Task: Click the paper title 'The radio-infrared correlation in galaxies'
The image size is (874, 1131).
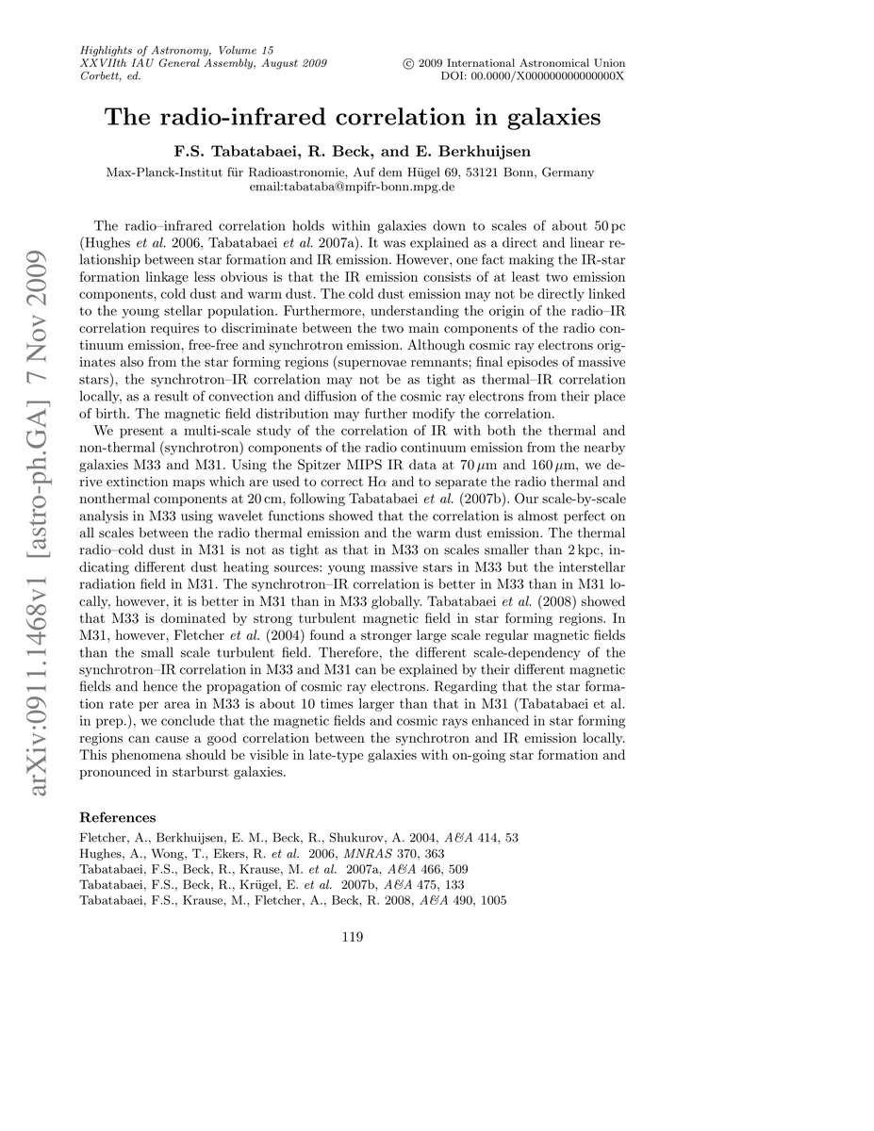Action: click(x=352, y=118)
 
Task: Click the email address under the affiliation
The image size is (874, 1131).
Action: click(x=352, y=187)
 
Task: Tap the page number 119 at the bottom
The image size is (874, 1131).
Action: click(x=352, y=936)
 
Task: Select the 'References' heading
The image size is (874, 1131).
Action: click(x=118, y=817)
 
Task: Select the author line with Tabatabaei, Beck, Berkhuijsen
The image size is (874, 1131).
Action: click(x=352, y=151)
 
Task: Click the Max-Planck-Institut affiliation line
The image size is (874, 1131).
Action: click(x=352, y=172)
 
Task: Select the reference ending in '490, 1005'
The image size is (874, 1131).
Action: click(x=293, y=901)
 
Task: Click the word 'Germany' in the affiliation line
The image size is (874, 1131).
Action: click(x=570, y=172)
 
